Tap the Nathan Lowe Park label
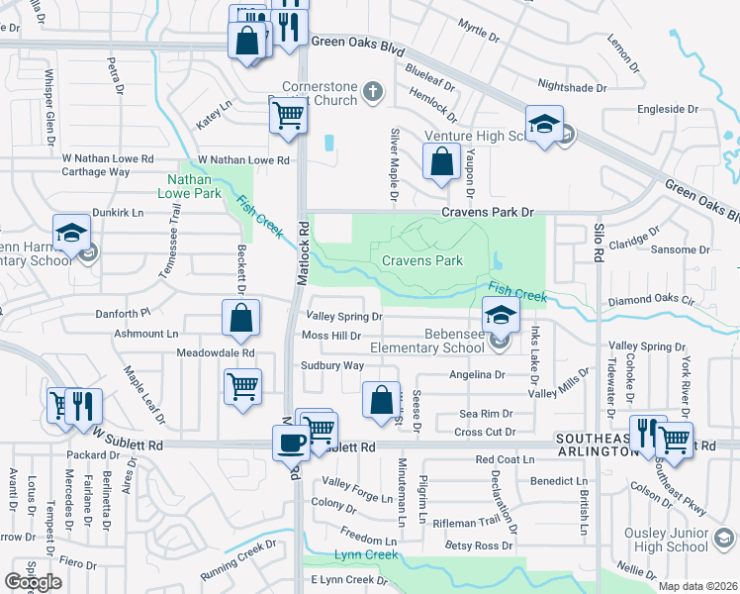188,185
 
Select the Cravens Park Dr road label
487,212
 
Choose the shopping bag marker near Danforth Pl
240,319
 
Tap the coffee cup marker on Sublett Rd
291,442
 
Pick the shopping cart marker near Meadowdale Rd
242,386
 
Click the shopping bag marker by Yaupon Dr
441,161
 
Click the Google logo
33,581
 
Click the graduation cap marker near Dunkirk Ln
72,233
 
